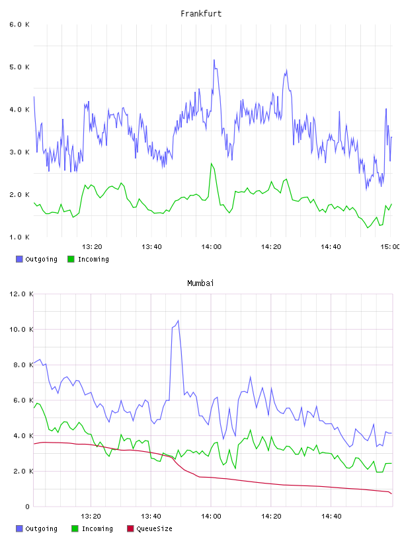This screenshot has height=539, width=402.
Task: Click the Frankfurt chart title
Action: [x=201, y=14]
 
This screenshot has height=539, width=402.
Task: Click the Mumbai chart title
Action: [x=200, y=283]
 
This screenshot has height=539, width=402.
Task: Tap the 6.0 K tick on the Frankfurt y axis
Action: [x=19, y=24]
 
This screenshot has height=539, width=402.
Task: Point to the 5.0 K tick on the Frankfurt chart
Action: [x=19, y=67]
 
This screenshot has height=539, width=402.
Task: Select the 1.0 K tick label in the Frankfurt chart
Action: [x=19, y=237]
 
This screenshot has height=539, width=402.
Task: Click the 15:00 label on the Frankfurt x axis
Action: [x=389, y=247]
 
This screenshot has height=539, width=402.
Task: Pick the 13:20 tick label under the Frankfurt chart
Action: [x=92, y=247]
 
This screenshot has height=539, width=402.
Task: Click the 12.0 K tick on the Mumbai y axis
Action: [x=21, y=294]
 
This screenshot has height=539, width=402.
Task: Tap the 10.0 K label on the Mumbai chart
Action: [x=21, y=330]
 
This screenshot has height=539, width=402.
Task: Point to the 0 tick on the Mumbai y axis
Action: [x=28, y=507]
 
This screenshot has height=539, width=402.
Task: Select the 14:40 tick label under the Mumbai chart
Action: [x=331, y=517]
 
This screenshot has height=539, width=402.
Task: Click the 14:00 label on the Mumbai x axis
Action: [x=212, y=517]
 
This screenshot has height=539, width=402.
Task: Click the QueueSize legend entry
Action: [x=149, y=528]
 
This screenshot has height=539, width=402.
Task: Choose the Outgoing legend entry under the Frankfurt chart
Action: [x=36, y=259]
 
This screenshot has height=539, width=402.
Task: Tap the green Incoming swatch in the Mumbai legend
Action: [x=75, y=528]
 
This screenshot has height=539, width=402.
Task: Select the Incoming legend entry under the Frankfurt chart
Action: [x=88, y=259]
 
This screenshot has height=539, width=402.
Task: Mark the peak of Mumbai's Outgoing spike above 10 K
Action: [x=178, y=321]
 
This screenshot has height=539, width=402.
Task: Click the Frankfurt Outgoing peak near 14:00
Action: [x=214, y=60]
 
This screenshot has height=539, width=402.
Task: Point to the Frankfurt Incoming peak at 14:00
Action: [x=212, y=164]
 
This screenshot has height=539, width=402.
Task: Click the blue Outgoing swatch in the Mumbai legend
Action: [x=19, y=528]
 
